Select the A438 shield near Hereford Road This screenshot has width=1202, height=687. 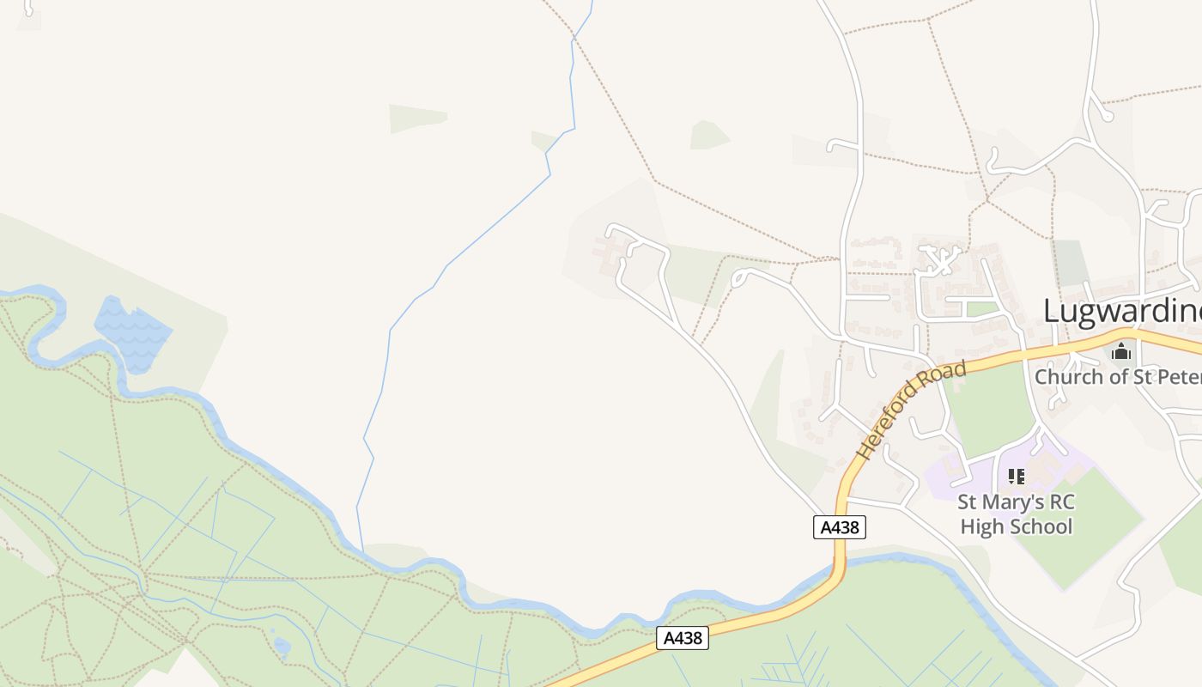coord(839,527)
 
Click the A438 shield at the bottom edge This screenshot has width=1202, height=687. coord(683,638)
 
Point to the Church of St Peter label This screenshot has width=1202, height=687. coord(1117,376)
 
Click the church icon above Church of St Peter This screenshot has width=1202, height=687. coord(1121,351)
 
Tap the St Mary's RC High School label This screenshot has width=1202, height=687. coord(1017,514)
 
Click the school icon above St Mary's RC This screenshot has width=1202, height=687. coord(1017,477)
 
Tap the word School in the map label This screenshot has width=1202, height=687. coord(1045,526)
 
